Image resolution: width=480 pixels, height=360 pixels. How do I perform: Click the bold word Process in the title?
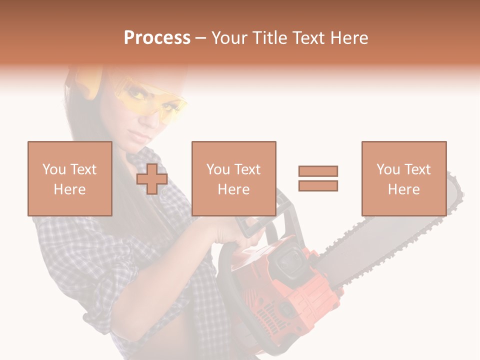point(157,38)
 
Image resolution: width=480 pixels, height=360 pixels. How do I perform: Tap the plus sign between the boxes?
point(152,178)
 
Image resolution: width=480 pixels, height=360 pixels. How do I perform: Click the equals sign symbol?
point(318,178)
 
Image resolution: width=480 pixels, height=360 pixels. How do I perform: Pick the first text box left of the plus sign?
point(69,178)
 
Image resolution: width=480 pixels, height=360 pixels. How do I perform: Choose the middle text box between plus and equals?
point(233,178)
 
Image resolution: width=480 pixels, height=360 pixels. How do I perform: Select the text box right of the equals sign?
point(403,178)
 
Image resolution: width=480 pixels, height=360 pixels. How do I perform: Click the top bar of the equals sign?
point(318,171)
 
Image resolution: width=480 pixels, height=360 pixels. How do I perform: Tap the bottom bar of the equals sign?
point(318,186)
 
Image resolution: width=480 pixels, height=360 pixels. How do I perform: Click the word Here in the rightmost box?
point(403,189)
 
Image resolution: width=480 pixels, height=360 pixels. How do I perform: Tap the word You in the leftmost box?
point(54,169)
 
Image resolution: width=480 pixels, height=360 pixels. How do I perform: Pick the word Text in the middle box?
point(247,169)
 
